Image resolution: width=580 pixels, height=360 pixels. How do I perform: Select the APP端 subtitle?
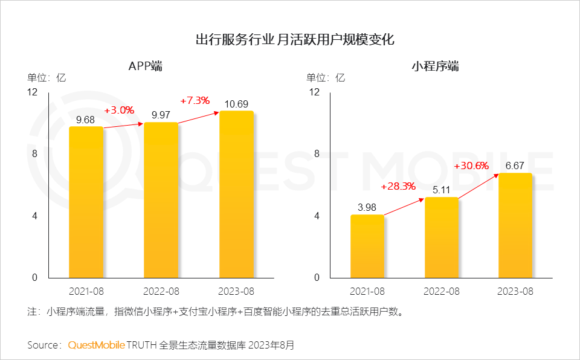point(145,66)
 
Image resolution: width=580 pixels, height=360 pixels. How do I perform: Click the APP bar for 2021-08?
point(86,202)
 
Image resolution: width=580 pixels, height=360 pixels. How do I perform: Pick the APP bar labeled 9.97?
point(161,200)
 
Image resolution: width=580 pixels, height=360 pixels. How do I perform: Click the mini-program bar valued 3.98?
point(367,246)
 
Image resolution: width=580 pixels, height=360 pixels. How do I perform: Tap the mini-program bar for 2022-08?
point(442,237)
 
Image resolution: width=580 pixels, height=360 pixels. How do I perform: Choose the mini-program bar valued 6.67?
point(515,225)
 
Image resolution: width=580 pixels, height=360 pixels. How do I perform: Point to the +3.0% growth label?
point(119,111)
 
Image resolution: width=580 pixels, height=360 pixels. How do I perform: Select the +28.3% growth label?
point(398,186)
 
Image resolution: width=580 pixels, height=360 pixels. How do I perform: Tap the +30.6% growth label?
point(472,166)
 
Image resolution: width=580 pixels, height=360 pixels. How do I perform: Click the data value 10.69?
point(236,103)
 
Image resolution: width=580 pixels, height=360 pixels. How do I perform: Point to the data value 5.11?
point(442,190)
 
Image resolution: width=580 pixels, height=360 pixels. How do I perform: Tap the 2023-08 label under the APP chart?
point(236,291)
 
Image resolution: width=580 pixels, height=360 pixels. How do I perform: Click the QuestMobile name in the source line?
point(96,346)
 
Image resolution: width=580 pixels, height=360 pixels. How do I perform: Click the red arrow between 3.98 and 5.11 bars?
point(404,207)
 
